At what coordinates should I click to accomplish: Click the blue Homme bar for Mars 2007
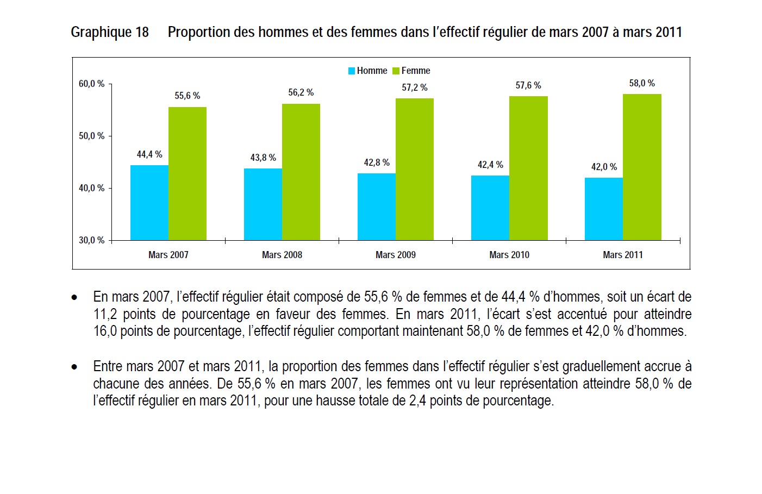pyautogui.click(x=149, y=203)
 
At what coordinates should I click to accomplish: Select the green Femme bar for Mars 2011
pyautogui.click(x=642, y=167)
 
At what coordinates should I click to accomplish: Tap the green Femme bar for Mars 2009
pyautogui.click(x=415, y=170)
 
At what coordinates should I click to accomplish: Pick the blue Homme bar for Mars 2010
pyautogui.click(x=490, y=208)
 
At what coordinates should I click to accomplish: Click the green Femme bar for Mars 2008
pyautogui.click(x=301, y=172)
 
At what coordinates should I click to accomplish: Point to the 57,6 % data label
pyautogui.click(x=528, y=85)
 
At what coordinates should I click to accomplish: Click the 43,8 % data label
pyautogui.click(x=263, y=158)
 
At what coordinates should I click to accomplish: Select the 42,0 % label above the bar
pyautogui.click(x=604, y=167)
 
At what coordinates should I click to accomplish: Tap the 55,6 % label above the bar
pyautogui.click(x=188, y=96)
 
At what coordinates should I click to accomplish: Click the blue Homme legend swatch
pyautogui.click(x=352, y=71)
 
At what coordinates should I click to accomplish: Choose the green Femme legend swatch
pyautogui.click(x=396, y=71)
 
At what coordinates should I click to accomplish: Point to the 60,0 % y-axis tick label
pyautogui.click(x=91, y=84)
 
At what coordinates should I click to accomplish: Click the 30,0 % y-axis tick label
pyautogui.click(x=91, y=240)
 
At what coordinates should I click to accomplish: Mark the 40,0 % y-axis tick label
pyautogui.click(x=91, y=188)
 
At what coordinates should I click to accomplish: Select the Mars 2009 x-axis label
pyautogui.click(x=396, y=255)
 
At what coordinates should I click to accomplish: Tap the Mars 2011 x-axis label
pyautogui.click(x=623, y=255)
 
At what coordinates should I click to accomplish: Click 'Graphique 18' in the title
pyautogui.click(x=110, y=33)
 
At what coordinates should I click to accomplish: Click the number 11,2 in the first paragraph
pyautogui.click(x=105, y=314)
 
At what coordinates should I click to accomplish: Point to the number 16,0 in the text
pyautogui.click(x=105, y=331)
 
